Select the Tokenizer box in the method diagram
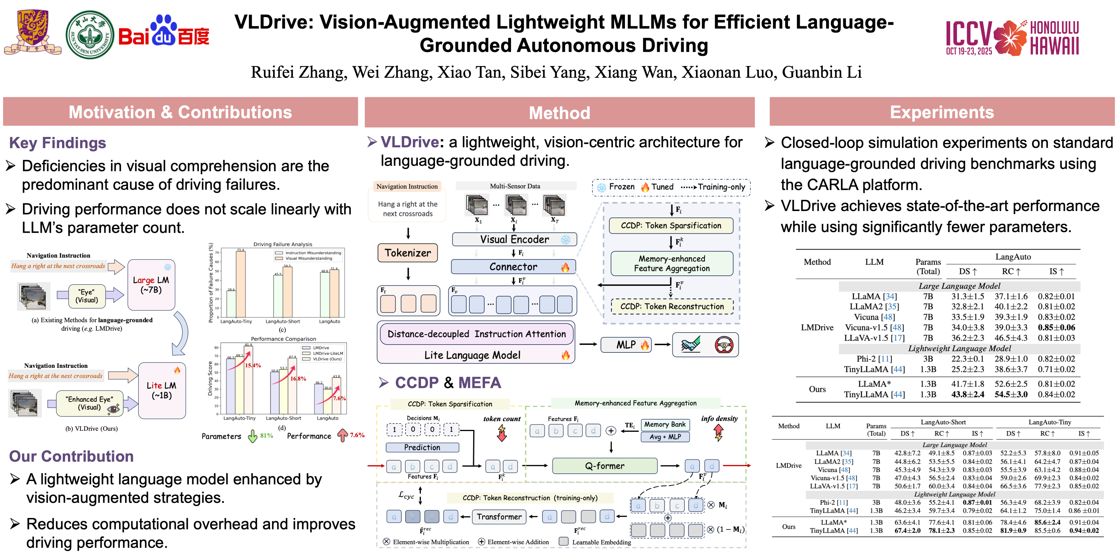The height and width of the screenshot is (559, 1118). click(x=408, y=253)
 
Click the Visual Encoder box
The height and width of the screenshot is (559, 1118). click(x=514, y=240)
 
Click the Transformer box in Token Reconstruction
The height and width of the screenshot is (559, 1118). click(x=499, y=517)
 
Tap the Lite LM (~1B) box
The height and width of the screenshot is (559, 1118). click(x=162, y=390)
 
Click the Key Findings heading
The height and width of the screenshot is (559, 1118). click(x=58, y=143)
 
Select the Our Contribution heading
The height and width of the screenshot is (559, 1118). click(x=71, y=456)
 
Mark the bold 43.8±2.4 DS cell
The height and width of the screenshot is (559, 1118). click(x=967, y=394)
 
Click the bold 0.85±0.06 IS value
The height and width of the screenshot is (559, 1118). click(x=1056, y=328)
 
